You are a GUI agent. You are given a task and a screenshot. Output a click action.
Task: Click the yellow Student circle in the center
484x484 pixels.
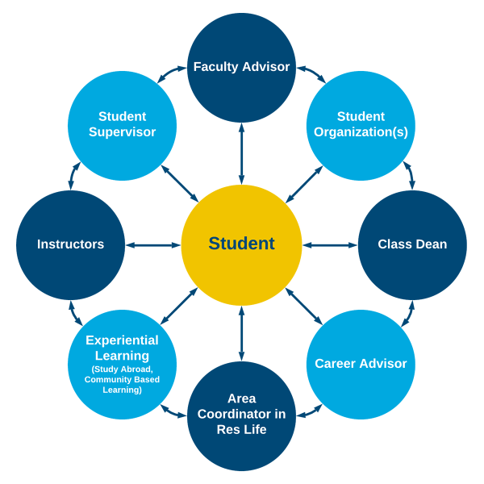pyautogui.click(x=241, y=244)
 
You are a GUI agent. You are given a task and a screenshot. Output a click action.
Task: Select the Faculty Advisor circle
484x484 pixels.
pyautogui.click(x=241, y=67)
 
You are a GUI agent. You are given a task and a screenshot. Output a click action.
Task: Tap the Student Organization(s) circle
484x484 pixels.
pyautogui.click(x=361, y=125)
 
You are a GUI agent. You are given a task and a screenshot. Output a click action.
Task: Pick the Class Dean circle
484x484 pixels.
pyautogui.click(x=412, y=244)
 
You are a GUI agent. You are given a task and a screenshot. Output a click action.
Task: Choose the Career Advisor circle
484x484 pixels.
pyautogui.click(x=361, y=364)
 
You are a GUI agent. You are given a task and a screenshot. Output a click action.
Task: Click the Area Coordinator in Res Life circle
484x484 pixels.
pyautogui.click(x=241, y=416)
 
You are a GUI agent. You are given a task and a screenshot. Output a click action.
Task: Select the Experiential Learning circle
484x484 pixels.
pyautogui.click(x=122, y=364)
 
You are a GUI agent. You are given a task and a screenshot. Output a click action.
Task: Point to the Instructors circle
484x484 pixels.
pyautogui.click(x=70, y=244)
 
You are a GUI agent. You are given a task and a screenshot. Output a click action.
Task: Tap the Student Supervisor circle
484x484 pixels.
pyautogui.click(x=122, y=125)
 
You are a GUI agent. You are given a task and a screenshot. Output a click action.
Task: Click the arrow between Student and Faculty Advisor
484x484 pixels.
pyautogui.click(x=241, y=153)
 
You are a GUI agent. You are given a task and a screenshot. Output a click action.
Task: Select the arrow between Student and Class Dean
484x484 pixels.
pyautogui.click(x=330, y=244)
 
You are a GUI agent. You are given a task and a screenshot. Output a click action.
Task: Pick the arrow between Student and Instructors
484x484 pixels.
pyautogui.click(x=153, y=244)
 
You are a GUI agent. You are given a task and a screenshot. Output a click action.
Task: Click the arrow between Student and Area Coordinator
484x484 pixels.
pyautogui.click(x=241, y=333)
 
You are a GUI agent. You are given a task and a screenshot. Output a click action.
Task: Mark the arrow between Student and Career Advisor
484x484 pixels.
pyautogui.click(x=304, y=307)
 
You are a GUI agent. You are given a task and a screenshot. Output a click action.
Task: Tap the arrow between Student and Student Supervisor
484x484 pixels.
pyautogui.click(x=180, y=183)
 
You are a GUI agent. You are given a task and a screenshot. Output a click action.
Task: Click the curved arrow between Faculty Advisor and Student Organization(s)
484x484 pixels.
pyautogui.click(x=311, y=73)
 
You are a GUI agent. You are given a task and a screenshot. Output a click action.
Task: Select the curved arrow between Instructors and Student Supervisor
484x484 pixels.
pyautogui.click(x=73, y=175)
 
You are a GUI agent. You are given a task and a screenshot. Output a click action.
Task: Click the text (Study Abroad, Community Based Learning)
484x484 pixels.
pyautogui.click(x=122, y=379)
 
